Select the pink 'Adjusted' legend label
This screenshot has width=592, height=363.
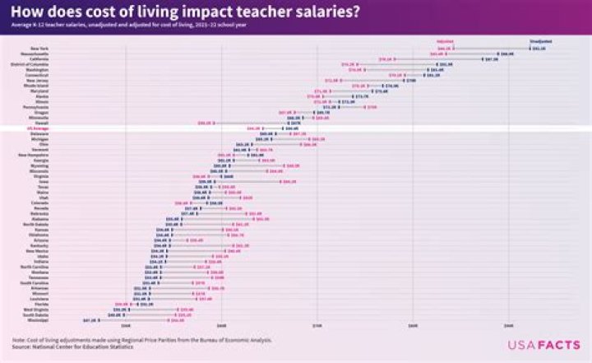pyautogui.click(x=445, y=40)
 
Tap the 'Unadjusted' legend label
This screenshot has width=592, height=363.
pyautogui.click(x=540, y=40)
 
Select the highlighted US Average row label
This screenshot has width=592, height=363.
pyautogui.click(x=39, y=128)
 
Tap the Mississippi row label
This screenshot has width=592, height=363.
pyautogui.click(x=37, y=319)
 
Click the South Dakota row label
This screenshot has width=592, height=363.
pyautogui.click(x=35, y=314)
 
